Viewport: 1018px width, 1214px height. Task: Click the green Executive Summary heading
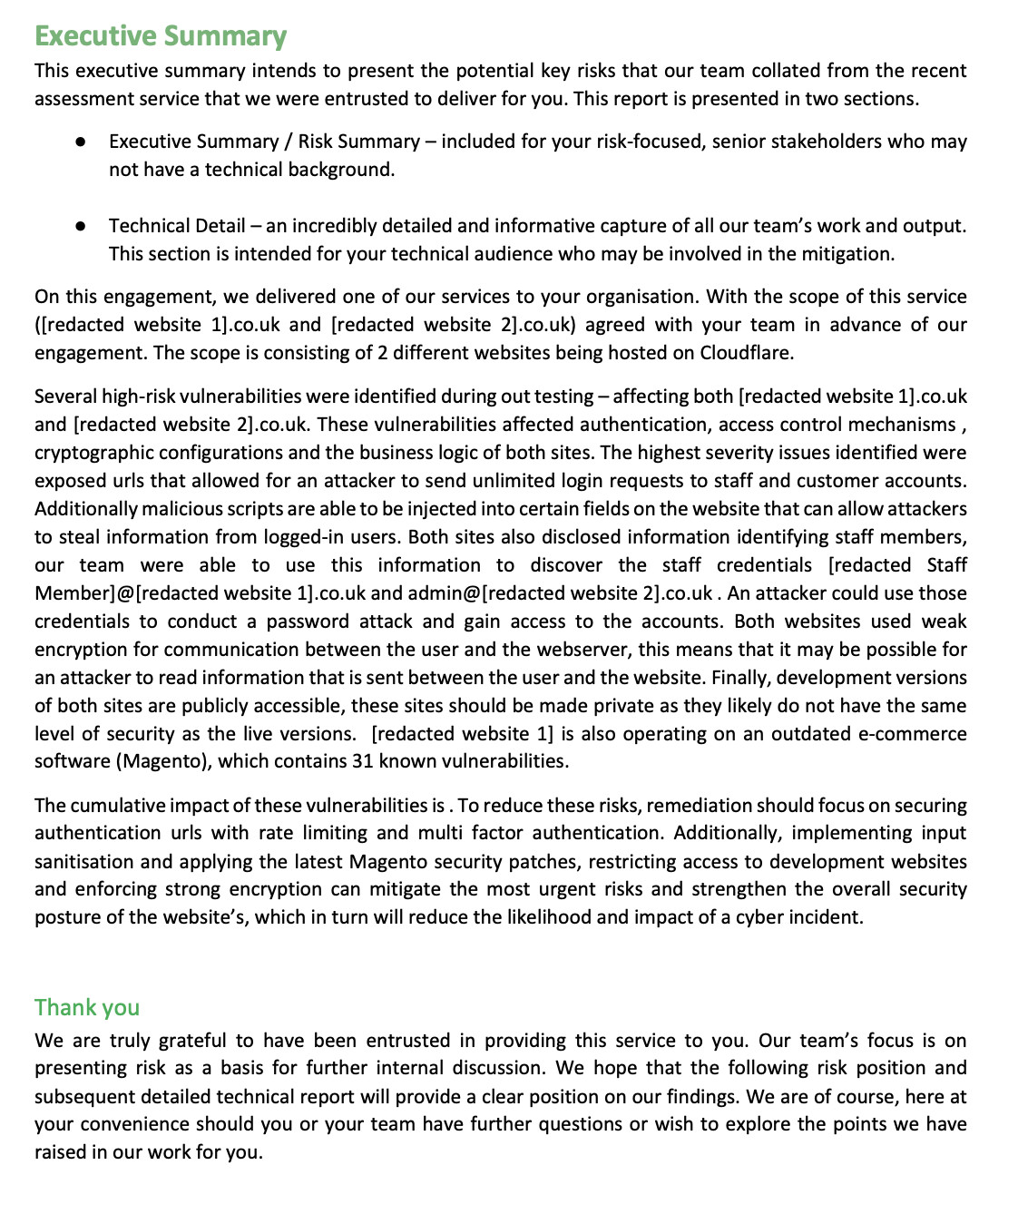coord(161,36)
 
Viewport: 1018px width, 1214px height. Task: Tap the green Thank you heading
coord(87,1007)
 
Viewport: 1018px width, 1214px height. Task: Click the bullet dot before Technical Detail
coord(81,226)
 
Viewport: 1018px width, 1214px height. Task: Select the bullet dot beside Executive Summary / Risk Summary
coord(81,142)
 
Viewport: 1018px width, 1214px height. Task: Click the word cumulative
coord(124,806)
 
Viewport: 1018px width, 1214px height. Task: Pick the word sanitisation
coord(84,862)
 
